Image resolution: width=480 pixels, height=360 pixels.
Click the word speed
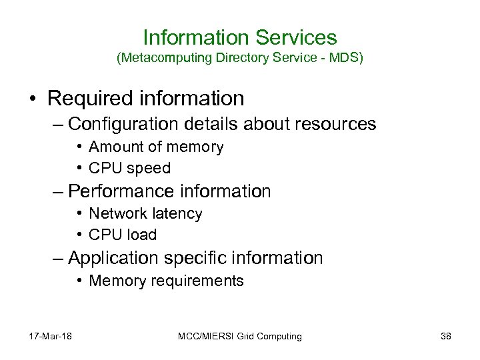click(x=149, y=169)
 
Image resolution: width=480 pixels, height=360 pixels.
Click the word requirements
click(x=201, y=281)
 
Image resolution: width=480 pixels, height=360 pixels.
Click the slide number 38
click(x=446, y=337)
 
